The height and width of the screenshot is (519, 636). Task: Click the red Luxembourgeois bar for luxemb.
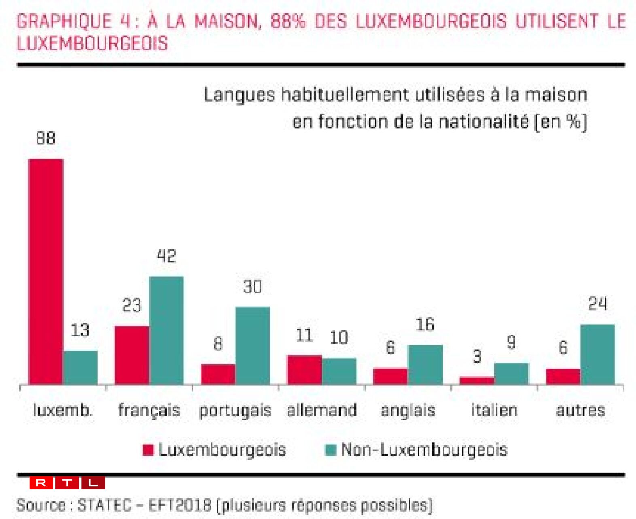point(46,271)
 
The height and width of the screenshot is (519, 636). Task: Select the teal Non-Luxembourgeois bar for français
point(166,330)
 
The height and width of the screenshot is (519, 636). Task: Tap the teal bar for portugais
point(252,345)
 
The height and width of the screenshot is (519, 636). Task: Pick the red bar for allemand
point(304,369)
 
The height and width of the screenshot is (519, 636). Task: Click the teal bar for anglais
point(425,364)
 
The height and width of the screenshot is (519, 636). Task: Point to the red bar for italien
point(477,380)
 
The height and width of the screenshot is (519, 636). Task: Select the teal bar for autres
point(598,354)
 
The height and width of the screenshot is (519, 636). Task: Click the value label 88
point(45,138)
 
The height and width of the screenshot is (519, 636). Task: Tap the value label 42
point(166,256)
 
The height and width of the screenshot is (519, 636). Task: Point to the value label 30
point(252,287)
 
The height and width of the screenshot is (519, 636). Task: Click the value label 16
point(425,325)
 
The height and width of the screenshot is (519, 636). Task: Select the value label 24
point(598,304)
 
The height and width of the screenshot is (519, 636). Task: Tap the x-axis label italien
point(494,410)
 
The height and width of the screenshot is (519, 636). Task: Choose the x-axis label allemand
point(322,410)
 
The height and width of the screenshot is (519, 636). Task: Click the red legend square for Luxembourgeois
point(148,450)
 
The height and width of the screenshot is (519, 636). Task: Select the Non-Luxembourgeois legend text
point(424,449)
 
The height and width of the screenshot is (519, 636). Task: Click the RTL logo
point(67,483)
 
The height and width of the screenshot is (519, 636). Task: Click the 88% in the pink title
point(288,21)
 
